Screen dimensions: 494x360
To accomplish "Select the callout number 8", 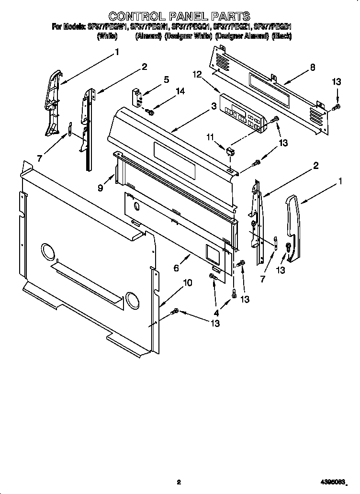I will pyautogui.click(x=313, y=67).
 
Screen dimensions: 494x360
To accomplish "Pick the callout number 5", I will pyautogui.click(x=166, y=80).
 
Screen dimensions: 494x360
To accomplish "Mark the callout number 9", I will pyautogui.click(x=101, y=188).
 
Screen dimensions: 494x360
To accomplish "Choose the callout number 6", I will pyautogui.click(x=176, y=269).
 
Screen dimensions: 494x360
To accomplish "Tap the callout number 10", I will pyautogui.click(x=188, y=283).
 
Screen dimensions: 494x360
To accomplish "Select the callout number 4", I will pyautogui.click(x=216, y=314).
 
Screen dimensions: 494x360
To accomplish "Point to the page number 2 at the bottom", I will pyautogui.click(x=179, y=482).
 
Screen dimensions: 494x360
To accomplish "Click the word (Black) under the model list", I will pyautogui.click(x=281, y=36).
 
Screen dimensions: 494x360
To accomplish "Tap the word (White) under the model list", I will pyautogui.click(x=107, y=36).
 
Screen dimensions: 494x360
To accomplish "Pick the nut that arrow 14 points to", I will pyautogui.click(x=150, y=112).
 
